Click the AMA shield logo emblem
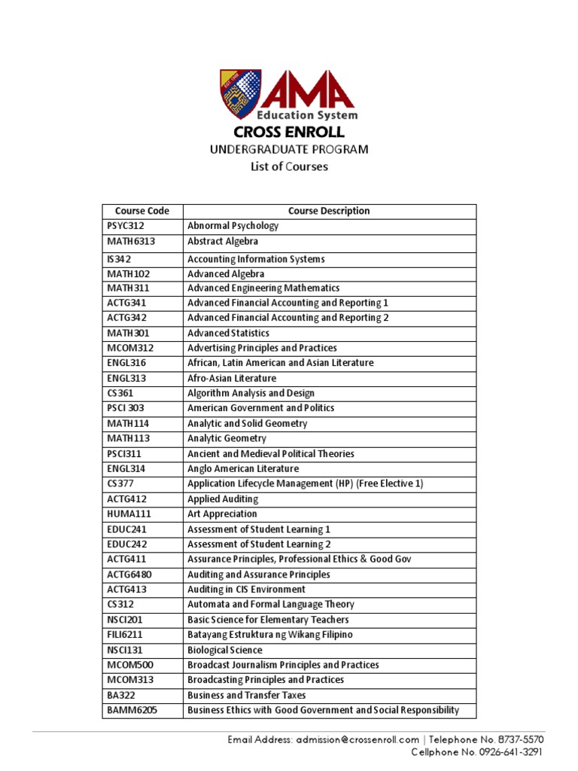click(x=241, y=95)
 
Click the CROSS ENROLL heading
click(x=289, y=133)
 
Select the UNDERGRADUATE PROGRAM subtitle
click(x=289, y=149)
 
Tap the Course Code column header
click(x=142, y=212)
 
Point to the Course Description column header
click(x=329, y=212)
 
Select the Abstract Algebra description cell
click(x=223, y=242)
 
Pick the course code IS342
click(x=120, y=259)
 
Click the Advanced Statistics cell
click(x=228, y=333)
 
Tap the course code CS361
click(x=120, y=393)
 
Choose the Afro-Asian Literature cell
click(x=232, y=378)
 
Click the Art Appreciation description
click(x=222, y=514)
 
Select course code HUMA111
click(x=126, y=514)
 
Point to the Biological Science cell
click(x=225, y=650)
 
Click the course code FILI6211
click(x=124, y=635)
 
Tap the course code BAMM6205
click(x=132, y=710)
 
